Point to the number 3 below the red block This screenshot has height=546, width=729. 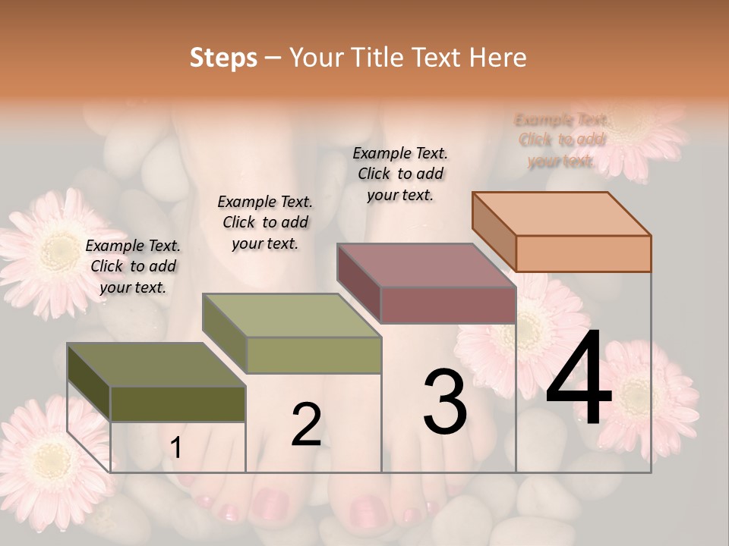coord(445,402)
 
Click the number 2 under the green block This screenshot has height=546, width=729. coord(306,425)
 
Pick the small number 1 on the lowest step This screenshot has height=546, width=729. coord(176,448)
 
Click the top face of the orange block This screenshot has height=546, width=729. coord(562,213)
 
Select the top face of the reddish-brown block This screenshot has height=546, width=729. coord(426,265)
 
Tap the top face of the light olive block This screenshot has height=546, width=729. coord(292,315)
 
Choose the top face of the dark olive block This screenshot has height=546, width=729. coord(156,365)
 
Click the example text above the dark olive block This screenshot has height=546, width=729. coord(133,266)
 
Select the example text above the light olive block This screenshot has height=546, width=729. coord(265,222)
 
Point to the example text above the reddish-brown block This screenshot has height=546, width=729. coord(400,174)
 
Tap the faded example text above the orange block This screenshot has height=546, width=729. coord(562,140)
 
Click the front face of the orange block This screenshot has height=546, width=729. coord(583,253)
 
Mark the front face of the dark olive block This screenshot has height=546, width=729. coord(178,403)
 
